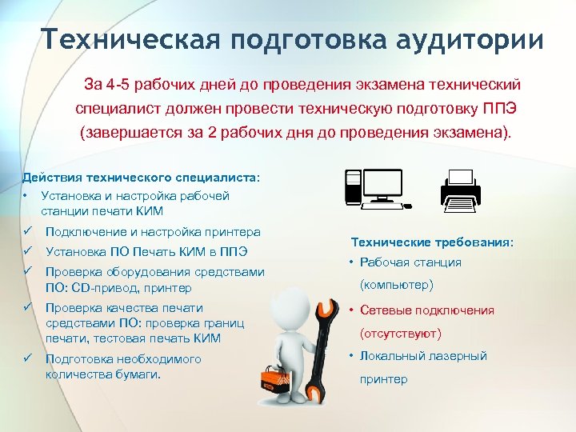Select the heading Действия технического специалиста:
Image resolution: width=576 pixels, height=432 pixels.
coord(142,177)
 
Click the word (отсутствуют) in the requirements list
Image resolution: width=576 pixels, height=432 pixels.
coord(401,333)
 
